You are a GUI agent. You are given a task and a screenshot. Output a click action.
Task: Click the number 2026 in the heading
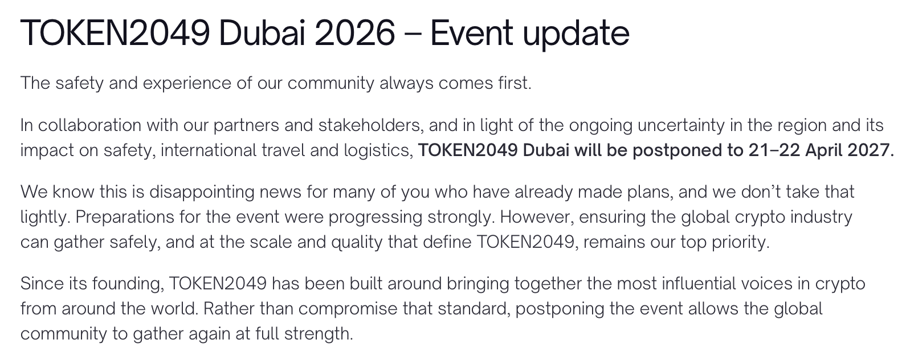(x=354, y=33)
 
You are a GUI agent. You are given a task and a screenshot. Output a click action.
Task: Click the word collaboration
(x=89, y=125)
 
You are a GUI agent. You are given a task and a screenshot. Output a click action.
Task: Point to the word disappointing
(x=202, y=193)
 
